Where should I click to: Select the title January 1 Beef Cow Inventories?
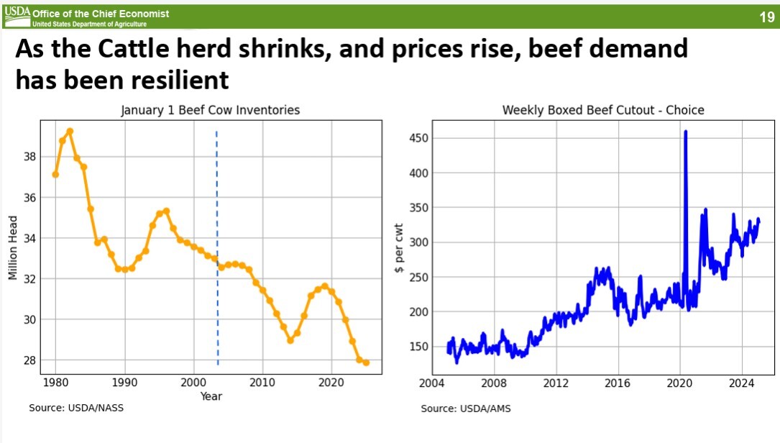209,110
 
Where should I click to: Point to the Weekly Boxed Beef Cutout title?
602,110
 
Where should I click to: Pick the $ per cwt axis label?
400,247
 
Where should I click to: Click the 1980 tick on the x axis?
55,380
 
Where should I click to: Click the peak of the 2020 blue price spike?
685,132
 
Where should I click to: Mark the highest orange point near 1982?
70,131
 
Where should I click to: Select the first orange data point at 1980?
55,174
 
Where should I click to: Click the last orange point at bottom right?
367,362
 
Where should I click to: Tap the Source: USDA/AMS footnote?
466,408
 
